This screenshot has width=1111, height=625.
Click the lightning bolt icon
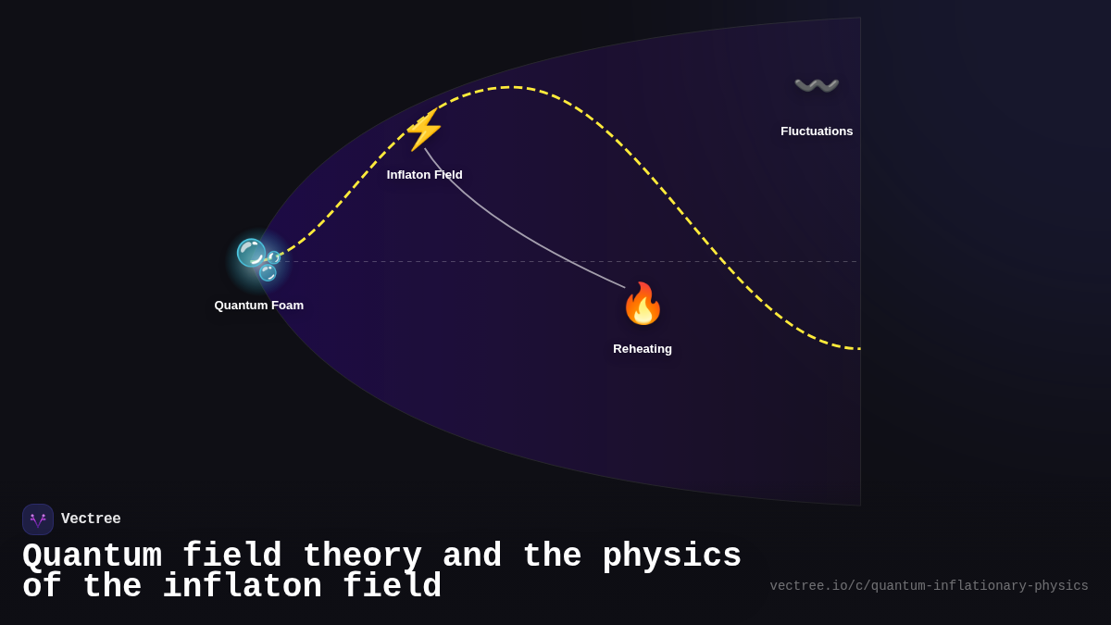pos(424,131)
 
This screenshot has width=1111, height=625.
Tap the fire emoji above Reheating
pos(643,304)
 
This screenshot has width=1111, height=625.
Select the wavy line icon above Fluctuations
pos(817,86)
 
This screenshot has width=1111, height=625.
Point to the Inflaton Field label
pos(424,175)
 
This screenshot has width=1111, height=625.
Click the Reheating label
pos(643,349)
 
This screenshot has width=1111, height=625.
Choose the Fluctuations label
pos(817,131)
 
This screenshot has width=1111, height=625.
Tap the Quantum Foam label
pos(259,306)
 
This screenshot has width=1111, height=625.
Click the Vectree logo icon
pos(38,519)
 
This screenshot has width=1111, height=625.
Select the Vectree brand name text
pos(91,519)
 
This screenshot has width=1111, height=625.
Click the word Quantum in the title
pos(92,556)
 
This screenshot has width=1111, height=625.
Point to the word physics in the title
pos(671,556)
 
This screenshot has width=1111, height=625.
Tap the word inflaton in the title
pos(242,587)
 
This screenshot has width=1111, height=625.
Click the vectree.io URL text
pos(929,586)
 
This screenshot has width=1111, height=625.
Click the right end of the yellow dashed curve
pos(857,348)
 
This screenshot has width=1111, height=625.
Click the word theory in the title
pos(362,556)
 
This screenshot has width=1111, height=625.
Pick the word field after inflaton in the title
pos(392,587)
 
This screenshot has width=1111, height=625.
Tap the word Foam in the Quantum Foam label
pos(287,306)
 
